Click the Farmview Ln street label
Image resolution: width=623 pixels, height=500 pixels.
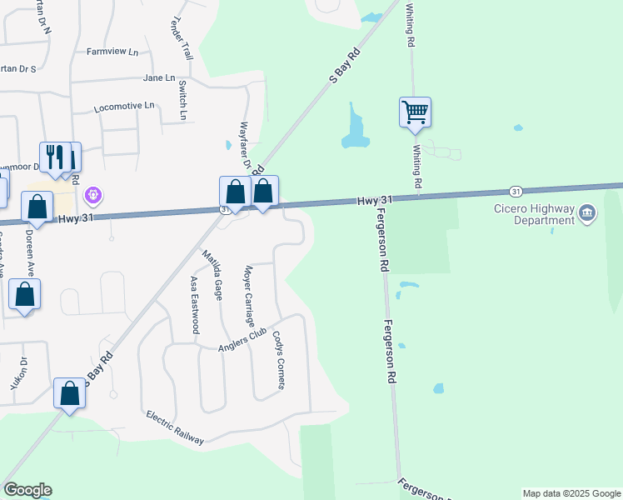click(112, 52)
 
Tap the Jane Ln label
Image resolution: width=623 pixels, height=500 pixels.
click(159, 78)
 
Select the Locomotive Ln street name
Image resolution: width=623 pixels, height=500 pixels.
click(124, 107)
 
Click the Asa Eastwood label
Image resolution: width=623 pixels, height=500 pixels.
click(194, 305)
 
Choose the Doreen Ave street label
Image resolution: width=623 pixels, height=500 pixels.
click(31, 255)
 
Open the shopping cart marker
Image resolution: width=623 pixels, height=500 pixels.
click(415, 111)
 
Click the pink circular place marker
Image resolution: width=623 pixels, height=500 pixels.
click(93, 196)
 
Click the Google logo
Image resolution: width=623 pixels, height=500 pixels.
click(27, 490)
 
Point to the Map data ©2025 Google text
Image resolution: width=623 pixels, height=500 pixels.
click(571, 493)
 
